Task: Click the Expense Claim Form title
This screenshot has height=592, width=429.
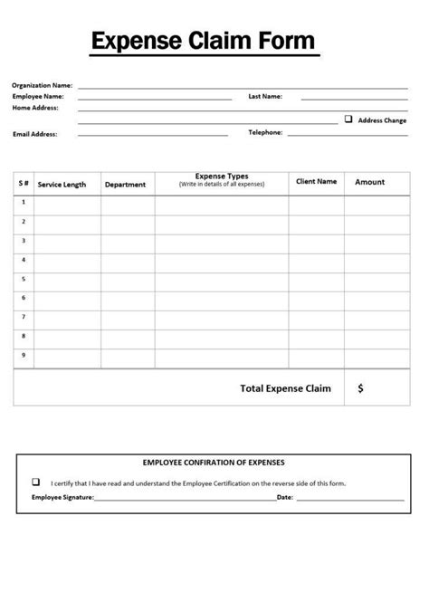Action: point(204,41)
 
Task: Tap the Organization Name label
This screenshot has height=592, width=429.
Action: point(42,85)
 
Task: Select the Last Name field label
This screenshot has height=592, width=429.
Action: point(265,96)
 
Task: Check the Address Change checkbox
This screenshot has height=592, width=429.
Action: point(348,119)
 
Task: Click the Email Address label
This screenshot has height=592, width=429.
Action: point(35,133)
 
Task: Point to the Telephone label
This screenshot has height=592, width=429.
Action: point(265,132)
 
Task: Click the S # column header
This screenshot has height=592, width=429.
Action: point(24,182)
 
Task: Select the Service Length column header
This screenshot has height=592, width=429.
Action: point(62,184)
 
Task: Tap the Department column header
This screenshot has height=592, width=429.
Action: point(125,184)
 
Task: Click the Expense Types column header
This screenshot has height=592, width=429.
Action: point(222,180)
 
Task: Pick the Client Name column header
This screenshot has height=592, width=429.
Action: point(316,181)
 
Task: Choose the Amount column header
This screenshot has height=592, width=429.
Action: point(369,182)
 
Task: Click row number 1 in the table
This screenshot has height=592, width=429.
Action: point(24,202)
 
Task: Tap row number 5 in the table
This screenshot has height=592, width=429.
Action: point(24,278)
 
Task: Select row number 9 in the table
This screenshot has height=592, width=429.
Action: point(24,354)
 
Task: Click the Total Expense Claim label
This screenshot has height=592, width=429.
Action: point(285,388)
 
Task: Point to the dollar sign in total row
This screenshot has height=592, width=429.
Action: point(361,388)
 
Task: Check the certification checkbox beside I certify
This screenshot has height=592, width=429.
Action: point(36,482)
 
